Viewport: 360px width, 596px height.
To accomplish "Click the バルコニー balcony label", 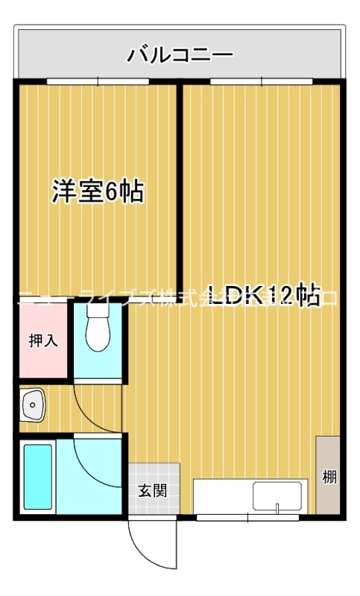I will tap(180, 54).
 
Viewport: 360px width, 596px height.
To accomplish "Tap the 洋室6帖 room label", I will tap(97, 192).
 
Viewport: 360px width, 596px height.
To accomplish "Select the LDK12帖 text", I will tap(264, 296).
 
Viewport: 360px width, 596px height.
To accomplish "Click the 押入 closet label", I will tap(42, 340).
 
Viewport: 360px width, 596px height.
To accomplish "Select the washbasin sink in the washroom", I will tap(33, 405).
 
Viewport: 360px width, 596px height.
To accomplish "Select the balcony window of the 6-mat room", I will tap(97, 80).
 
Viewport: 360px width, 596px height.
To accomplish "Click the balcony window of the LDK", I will tap(260, 80).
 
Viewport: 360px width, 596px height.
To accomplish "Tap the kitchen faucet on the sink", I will tap(277, 509).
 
